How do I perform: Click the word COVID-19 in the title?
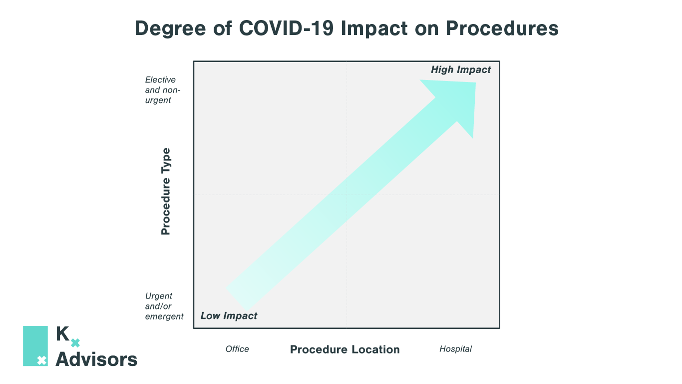(286, 28)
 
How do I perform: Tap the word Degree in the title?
(170, 28)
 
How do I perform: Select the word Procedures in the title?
(502, 28)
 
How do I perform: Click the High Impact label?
(461, 70)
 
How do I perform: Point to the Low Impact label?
(229, 315)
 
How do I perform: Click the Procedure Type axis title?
(166, 191)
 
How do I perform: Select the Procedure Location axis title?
(344, 349)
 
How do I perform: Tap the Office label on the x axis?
(237, 349)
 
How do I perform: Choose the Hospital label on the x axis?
(455, 349)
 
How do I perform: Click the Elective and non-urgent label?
(163, 90)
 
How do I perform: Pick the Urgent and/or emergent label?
(164, 306)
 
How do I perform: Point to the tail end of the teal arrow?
(237, 299)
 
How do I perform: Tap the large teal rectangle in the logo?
(35, 346)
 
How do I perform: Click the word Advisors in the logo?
(96, 359)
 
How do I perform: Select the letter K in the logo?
(62, 333)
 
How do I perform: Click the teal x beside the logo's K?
(75, 343)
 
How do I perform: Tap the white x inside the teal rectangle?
(42, 360)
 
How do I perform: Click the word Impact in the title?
(374, 28)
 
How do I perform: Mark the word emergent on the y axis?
(164, 316)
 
